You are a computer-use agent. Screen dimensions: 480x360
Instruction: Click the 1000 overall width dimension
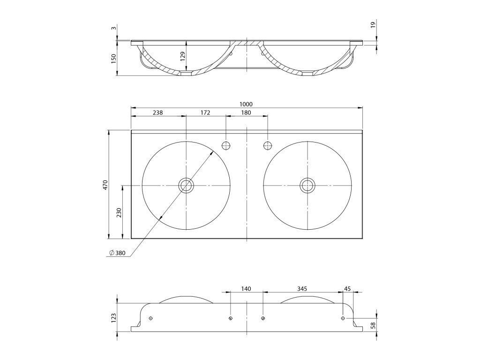click(x=246, y=104)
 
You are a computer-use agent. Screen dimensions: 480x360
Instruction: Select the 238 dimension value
click(x=158, y=112)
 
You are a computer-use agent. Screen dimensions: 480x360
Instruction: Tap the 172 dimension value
click(x=205, y=112)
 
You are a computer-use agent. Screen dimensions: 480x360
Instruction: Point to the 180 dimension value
click(x=246, y=112)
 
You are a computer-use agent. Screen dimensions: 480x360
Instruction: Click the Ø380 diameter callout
click(x=117, y=253)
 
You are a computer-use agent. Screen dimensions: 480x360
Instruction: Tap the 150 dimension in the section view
click(x=114, y=59)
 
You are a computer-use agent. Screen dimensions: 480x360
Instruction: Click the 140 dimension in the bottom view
click(x=246, y=289)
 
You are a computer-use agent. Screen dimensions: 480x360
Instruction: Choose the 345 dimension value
click(x=302, y=289)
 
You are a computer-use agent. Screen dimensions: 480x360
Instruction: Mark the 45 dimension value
click(x=347, y=289)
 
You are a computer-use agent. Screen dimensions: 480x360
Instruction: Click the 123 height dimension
click(x=113, y=319)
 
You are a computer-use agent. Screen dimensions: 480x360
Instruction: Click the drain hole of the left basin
click(x=186, y=185)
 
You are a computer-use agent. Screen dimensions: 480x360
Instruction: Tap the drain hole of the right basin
click(x=307, y=185)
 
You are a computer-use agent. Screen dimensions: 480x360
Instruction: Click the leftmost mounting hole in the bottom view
click(x=150, y=319)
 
